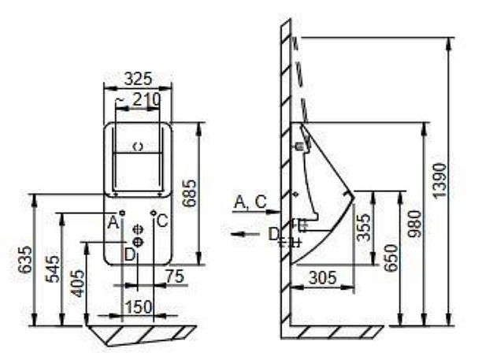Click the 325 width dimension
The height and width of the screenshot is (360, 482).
tap(138, 79)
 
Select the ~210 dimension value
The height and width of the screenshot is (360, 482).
tap(139, 99)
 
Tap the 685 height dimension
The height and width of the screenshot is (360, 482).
tap(189, 193)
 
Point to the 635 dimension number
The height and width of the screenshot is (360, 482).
tap(24, 259)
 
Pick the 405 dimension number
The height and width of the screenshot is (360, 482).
tap(78, 283)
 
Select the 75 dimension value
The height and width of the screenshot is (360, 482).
tap(175, 276)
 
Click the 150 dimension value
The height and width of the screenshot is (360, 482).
tap(139, 306)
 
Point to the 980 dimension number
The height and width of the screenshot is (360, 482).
tap(414, 224)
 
